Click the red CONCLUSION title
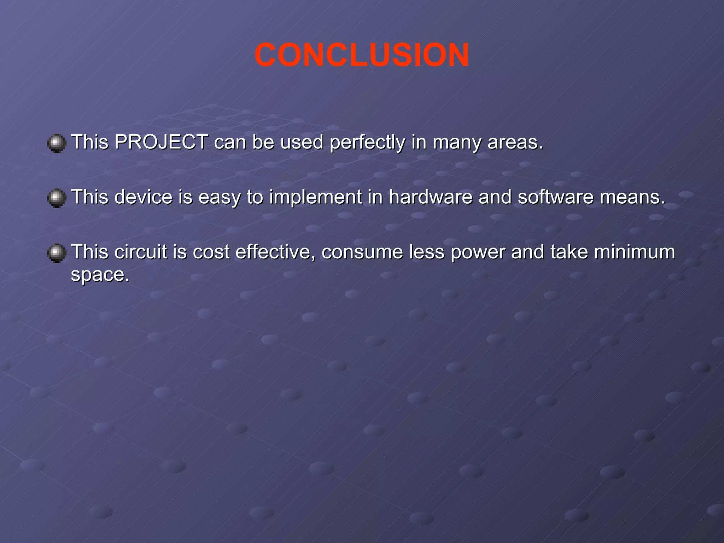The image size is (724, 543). coord(362,55)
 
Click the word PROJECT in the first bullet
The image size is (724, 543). coord(161,142)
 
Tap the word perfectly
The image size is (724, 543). coord(367,143)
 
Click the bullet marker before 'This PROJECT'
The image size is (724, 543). coord(57,143)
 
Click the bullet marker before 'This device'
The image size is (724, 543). coord(57,198)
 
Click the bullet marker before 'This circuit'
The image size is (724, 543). coord(57,253)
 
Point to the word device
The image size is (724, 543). coord(143,197)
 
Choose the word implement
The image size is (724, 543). coord(315,198)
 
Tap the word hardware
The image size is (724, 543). coord(430,197)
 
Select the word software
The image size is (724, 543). coord(555,197)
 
